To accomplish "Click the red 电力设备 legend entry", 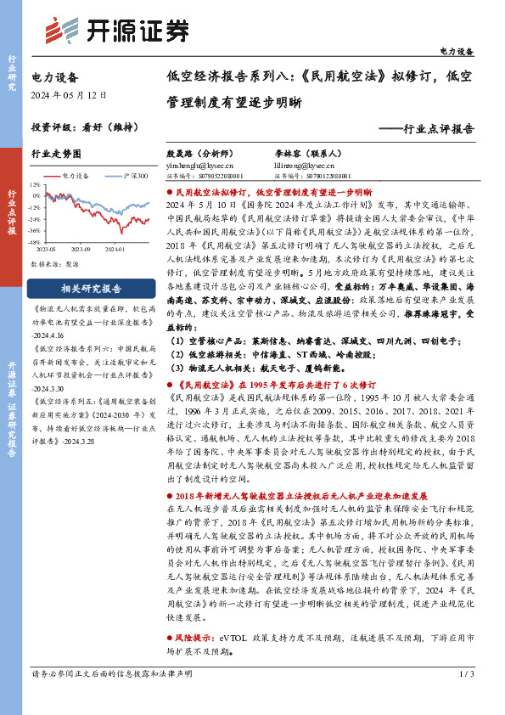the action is coord(70,175).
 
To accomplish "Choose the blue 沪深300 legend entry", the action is coord(132,175).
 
